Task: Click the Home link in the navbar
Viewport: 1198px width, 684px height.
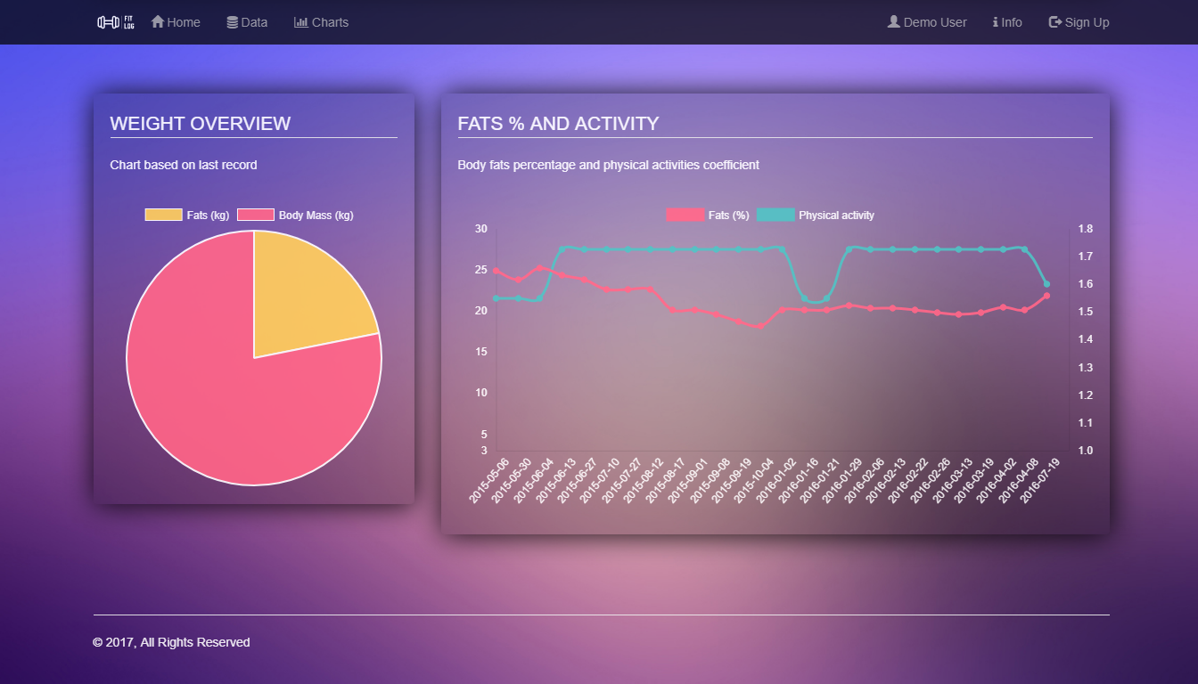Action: point(176,22)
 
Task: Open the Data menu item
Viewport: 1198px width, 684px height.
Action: point(247,22)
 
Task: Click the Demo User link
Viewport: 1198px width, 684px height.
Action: point(927,22)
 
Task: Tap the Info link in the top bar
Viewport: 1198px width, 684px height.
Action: point(1007,22)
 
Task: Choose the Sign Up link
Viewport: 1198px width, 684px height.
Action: point(1079,22)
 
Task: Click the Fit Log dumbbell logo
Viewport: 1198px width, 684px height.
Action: point(116,22)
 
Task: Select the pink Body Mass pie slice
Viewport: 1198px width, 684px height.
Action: point(223,401)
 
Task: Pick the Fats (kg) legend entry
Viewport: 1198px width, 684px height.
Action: point(187,216)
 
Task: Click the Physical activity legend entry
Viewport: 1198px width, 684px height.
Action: point(816,216)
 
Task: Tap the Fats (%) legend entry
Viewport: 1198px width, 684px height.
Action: point(709,216)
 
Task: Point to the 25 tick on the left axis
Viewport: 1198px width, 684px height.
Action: point(481,270)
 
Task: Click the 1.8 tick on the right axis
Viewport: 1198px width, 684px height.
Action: point(1085,229)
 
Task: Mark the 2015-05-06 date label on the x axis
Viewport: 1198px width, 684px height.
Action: point(489,481)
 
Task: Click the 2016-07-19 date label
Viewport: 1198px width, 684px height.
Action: point(1039,481)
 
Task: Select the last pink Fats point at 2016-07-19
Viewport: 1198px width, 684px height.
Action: point(1046,296)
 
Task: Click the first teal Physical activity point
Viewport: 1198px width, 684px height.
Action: point(496,298)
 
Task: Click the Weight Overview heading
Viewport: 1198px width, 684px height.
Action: point(201,124)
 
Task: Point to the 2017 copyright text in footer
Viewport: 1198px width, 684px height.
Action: point(171,642)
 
